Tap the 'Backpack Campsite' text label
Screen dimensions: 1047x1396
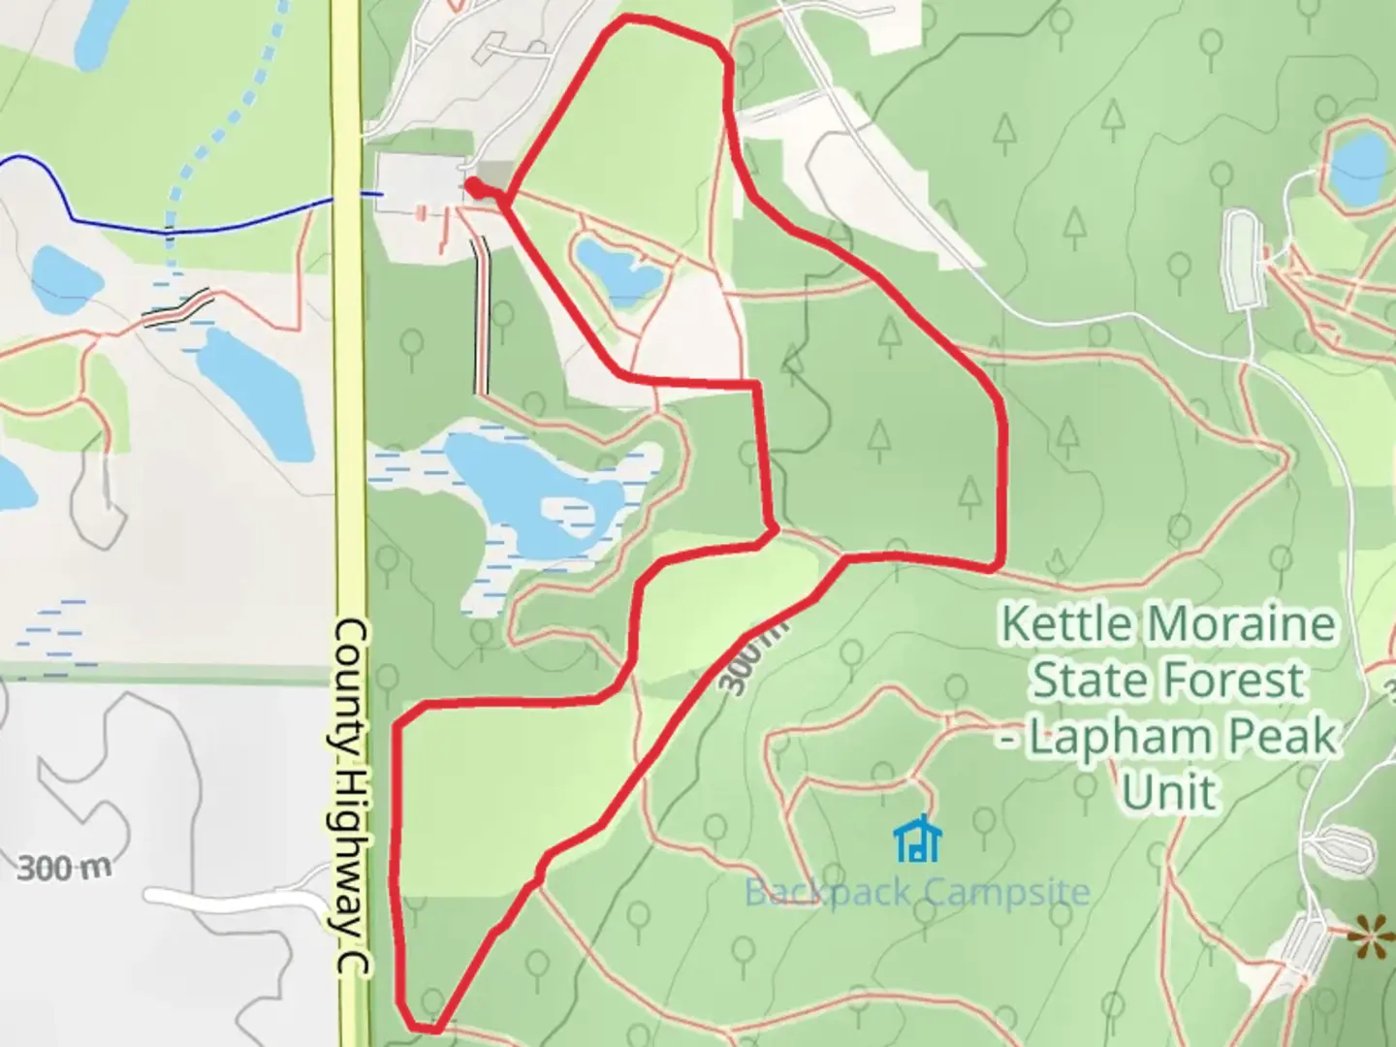click(x=916, y=891)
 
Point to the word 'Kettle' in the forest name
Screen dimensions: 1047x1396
click(x=1066, y=622)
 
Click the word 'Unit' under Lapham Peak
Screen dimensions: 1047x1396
click(x=1168, y=792)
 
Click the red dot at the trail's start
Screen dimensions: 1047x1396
click(x=473, y=185)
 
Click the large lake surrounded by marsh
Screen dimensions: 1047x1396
click(x=528, y=490)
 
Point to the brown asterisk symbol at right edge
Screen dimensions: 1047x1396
click(x=1369, y=936)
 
